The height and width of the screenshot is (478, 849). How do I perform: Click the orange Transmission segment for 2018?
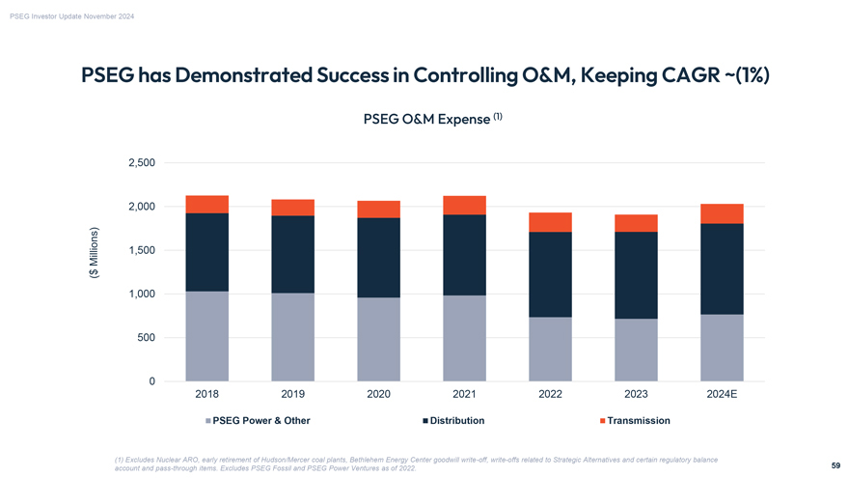point(206,204)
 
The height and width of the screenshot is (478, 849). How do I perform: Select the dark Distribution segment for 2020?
point(378,257)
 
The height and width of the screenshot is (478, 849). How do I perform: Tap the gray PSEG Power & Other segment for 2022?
point(550,349)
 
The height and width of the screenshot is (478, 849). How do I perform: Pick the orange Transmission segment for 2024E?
point(722,213)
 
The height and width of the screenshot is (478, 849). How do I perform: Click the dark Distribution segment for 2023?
point(636,275)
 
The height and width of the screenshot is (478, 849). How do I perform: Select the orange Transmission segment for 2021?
point(464,205)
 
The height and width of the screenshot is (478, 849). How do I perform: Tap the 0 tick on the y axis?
point(152,381)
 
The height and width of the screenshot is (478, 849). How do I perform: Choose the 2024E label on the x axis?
point(722,396)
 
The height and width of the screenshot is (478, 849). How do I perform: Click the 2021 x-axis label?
point(464,396)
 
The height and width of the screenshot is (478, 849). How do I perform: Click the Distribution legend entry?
point(456,421)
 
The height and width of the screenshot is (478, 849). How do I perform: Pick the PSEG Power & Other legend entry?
point(260,421)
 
